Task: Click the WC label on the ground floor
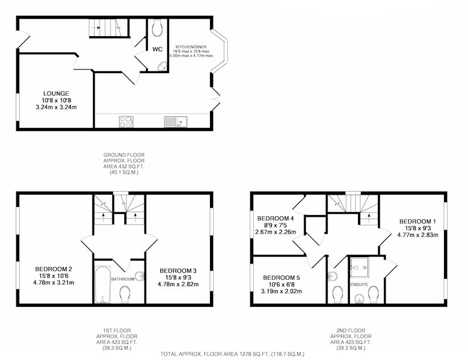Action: (157, 49)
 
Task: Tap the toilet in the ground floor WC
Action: (157, 27)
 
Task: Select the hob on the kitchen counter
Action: (126, 122)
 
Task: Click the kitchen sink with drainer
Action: (175, 122)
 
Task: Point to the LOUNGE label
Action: (56, 94)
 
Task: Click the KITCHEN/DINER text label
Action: (191, 47)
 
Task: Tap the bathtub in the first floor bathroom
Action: (103, 285)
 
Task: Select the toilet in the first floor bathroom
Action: (125, 294)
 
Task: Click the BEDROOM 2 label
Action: (53, 269)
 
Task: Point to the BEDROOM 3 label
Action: (178, 271)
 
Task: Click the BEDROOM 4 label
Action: (276, 219)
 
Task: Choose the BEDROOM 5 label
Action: (281, 278)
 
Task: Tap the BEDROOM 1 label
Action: (418, 221)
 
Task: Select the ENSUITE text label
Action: (359, 285)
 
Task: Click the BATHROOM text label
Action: (123, 279)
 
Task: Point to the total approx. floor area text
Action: (232, 354)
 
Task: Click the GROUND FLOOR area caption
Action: (124, 164)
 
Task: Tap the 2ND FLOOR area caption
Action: (350, 339)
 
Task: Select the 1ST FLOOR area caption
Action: (116, 339)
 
